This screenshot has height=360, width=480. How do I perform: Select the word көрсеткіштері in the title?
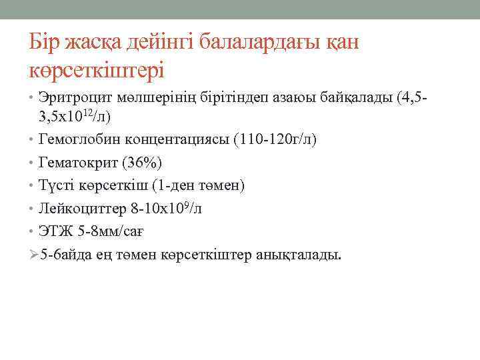[x=97, y=69]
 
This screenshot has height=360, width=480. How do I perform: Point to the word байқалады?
[x=353, y=98]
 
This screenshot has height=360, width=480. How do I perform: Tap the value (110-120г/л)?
[x=275, y=140]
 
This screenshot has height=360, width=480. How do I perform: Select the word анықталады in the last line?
[x=297, y=255]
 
